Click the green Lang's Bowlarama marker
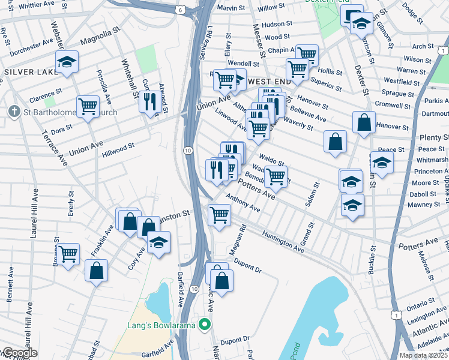pos(205,325)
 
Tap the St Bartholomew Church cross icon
pos(14,112)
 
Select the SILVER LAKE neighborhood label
pos(31,72)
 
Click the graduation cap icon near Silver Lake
pos(67,61)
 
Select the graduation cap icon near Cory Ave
pos(158,242)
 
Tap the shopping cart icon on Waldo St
pos(276,176)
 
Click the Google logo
pos(19,353)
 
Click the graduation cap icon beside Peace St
pos(382,161)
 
